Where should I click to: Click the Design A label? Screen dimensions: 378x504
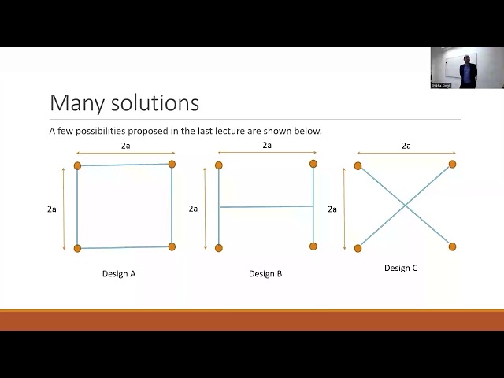coord(119,274)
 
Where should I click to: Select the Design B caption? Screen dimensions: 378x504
coord(265,274)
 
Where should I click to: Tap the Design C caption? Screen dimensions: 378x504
coord(401,268)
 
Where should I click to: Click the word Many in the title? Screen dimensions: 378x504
coord(74,103)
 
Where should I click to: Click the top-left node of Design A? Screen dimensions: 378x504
coord(77,165)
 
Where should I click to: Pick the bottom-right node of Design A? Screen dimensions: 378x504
coord(172,246)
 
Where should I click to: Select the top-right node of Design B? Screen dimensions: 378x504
coord(313,164)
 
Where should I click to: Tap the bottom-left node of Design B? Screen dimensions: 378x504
coord(219,248)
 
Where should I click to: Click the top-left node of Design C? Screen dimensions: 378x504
coord(358,165)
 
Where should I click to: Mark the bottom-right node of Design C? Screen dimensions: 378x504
coord(453,246)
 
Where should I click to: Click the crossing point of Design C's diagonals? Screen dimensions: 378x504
coord(405,206)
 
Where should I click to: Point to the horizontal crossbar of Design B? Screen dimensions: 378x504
coord(266,206)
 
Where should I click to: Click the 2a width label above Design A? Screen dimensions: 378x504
coord(125,146)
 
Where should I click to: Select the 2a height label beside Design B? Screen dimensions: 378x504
coord(193,209)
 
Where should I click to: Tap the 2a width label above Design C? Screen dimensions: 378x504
coord(406,146)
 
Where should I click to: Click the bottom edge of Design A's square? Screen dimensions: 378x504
coord(124,247)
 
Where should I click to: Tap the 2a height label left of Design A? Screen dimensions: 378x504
coord(52,209)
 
